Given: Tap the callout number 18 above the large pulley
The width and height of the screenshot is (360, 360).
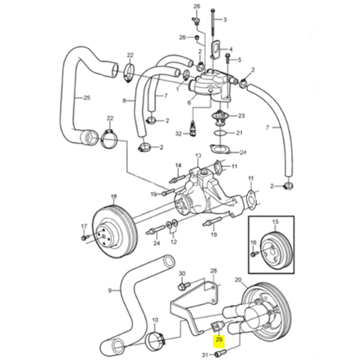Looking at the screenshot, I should tap(114, 196).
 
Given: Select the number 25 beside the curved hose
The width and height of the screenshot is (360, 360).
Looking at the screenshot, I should tap(86, 98).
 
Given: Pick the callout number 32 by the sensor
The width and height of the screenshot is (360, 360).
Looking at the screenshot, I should tap(178, 133).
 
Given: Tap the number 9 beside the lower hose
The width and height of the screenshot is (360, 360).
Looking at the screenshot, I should tap(110, 291).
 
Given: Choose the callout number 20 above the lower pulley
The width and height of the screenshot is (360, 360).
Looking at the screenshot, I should tap(238, 280).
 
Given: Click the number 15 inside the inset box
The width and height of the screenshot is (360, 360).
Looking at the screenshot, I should tap(275, 223).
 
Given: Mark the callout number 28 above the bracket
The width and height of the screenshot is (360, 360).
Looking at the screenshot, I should tap(213, 271).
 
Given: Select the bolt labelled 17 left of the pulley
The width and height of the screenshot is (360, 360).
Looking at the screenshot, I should tap(83, 238).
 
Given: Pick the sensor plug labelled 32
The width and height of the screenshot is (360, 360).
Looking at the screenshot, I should tap(193, 128).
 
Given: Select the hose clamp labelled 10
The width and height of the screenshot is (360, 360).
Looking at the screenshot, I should tap(156, 340).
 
